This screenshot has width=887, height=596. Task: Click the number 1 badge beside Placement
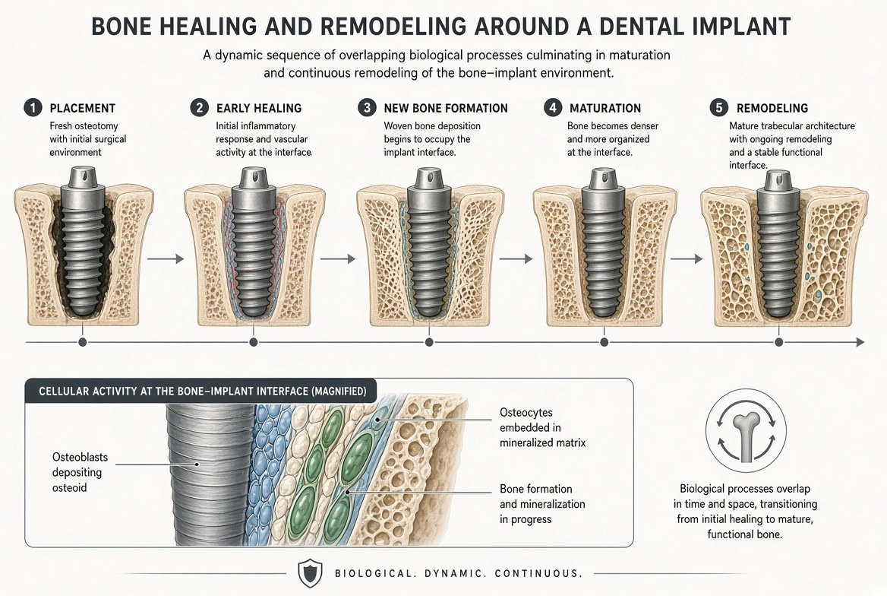(33, 108)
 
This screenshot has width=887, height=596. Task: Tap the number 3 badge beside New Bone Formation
(367, 108)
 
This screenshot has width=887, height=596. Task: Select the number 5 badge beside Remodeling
(719, 108)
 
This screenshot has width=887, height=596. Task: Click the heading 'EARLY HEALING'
(259, 108)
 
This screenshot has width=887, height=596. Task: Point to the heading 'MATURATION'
(605, 108)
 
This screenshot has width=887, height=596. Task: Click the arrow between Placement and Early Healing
(166, 259)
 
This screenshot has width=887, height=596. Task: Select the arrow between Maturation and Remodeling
(687, 259)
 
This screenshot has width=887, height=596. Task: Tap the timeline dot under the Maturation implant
(604, 342)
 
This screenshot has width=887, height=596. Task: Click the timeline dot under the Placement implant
(83, 342)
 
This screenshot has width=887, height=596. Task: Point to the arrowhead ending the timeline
(860, 342)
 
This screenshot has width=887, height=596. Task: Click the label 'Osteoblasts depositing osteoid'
(80, 473)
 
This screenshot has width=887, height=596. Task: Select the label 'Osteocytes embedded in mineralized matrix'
(542, 428)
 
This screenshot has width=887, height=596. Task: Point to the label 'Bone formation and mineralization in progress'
(542, 504)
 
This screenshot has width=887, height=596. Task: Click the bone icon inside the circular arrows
(746, 434)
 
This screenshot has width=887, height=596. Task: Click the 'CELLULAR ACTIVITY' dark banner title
(203, 392)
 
